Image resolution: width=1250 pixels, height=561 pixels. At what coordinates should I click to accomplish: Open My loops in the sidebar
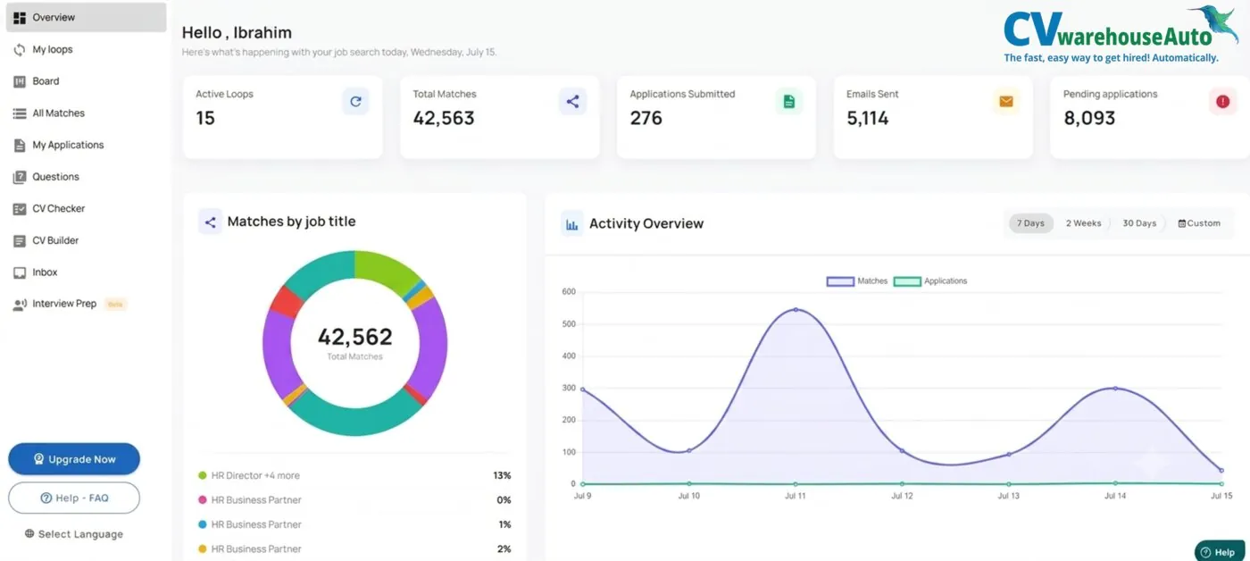53,49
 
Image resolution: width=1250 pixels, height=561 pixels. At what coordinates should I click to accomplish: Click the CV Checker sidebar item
58,208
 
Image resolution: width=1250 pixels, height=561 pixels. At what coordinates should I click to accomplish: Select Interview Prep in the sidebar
64,304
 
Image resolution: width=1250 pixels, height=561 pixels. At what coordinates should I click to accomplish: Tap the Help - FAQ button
74,498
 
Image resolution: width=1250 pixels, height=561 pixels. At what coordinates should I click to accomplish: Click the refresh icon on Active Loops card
355,102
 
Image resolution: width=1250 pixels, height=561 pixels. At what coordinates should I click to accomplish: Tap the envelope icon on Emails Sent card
1006,102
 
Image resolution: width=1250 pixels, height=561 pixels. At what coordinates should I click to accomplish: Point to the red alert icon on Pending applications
1222,102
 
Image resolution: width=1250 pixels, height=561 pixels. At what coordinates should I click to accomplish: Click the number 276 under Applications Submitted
646,118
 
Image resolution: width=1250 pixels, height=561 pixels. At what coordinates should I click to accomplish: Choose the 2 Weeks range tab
1083,223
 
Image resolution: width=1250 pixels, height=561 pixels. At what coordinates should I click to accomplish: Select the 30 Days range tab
1139,223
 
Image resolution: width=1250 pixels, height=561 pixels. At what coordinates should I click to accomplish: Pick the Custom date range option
1199,223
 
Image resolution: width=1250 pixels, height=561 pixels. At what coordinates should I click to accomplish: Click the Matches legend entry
857,281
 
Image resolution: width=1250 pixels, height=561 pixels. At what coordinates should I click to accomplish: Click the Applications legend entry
930,281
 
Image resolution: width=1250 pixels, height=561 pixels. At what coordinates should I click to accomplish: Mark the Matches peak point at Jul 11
796,309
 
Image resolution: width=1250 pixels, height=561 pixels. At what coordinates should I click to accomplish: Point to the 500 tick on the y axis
569,323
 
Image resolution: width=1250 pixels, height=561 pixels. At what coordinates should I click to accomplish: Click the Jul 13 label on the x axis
1008,496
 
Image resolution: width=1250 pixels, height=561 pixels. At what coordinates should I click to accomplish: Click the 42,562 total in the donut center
355,337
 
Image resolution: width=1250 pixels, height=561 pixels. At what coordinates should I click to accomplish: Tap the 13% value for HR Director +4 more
502,475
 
